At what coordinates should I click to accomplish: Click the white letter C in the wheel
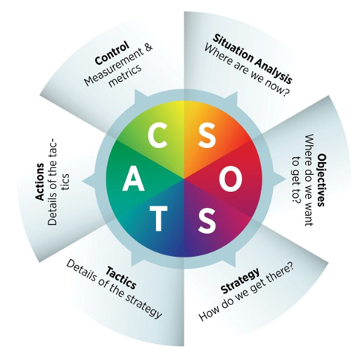pyautogui.click(x=158, y=135)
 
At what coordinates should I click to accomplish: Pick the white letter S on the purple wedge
pyautogui.click(x=208, y=222)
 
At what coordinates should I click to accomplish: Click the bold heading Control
pyautogui.click(x=112, y=53)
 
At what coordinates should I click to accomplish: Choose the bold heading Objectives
pyautogui.click(x=321, y=180)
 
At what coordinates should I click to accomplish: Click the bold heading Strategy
pyautogui.click(x=240, y=281)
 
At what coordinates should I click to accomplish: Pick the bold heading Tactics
pyautogui.click(x=121, y=278)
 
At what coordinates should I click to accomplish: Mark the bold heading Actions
pyautogui.click(x=39, y=182)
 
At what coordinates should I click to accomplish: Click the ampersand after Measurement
pyautogui.click(x=147, y=48)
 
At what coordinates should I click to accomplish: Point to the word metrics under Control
pyautogui.click(x=125, y=75)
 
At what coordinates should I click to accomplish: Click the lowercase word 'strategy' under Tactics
pyautogui.click(x=143, y=306)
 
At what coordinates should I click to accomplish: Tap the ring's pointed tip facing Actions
pyautogui.click(x=83, y=181)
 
